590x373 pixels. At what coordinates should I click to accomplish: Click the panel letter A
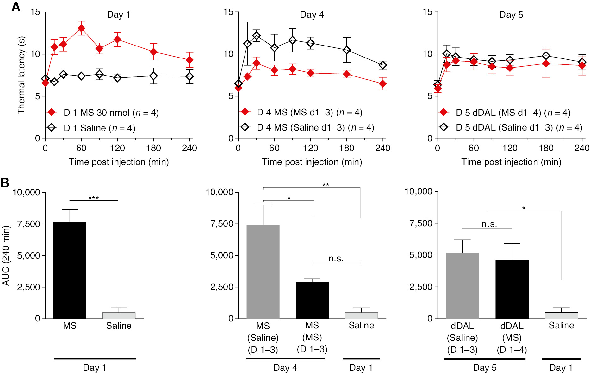tap(16, 7)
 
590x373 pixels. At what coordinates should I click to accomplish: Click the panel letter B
tap(5, 183)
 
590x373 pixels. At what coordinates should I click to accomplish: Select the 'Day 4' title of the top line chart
tap(312, 15)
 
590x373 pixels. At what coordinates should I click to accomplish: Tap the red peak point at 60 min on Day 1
tap(81, 28)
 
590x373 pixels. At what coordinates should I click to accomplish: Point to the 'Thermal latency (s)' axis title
tap(21, 75)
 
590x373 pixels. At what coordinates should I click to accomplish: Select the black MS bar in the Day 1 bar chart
tap(70, 270)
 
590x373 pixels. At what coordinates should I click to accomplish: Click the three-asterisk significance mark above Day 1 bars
tap(94, 198)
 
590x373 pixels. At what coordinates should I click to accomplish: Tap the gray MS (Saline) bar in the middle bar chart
tap(263, 272)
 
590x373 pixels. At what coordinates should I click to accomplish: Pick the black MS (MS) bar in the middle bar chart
tap(312, 300)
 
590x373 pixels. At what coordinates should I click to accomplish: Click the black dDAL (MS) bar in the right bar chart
tap(512, 289)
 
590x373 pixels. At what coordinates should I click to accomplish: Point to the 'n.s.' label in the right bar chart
tap(489, 224)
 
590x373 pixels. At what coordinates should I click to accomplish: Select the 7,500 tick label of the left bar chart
tap(29, 224)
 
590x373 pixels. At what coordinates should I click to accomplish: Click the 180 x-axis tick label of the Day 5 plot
tap(546, 148)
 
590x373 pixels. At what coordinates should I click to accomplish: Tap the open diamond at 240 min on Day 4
tap(383, 65)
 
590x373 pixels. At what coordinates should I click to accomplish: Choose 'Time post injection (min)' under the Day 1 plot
tap(119, 162)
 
